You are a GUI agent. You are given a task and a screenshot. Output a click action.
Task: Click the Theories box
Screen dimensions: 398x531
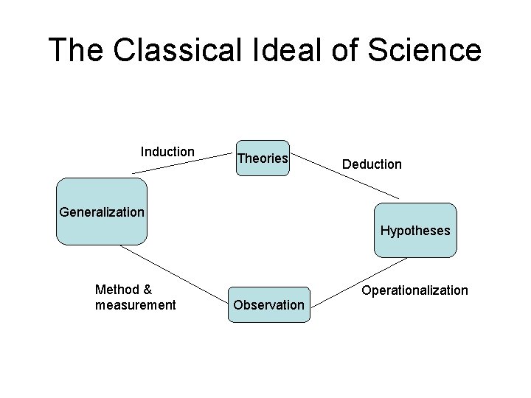263,158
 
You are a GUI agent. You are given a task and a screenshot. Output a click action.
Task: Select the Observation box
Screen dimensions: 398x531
268,304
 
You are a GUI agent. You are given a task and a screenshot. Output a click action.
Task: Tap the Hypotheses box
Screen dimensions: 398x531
415,230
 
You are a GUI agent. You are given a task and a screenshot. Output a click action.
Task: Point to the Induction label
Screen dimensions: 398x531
167,152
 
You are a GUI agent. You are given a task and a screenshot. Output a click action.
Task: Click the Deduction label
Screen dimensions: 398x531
372,164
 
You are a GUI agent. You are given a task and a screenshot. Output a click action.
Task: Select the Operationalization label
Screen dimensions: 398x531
414,290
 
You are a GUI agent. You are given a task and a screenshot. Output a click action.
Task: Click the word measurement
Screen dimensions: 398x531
136,305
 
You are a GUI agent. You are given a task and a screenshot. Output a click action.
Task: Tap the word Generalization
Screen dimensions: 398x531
102,212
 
